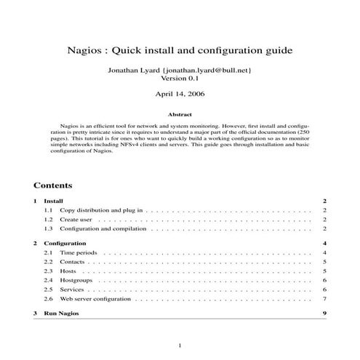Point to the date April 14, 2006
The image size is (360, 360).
pos(180,95)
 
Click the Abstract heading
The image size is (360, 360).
pos(180,114)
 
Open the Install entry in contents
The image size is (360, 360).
pos(53,201)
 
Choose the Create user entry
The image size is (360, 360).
pos(76,219)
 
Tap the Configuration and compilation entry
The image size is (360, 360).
pos(104,228)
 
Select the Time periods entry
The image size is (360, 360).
pos(79,252)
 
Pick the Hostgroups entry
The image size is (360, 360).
pos(77,280)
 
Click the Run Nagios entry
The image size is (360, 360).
pos(62,313)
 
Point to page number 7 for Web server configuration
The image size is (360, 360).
pos(324,299)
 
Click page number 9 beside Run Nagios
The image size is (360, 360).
pos(324,313)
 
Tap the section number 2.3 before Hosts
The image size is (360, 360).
pos(48,271)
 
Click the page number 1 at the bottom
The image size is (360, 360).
pos(180,346)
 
